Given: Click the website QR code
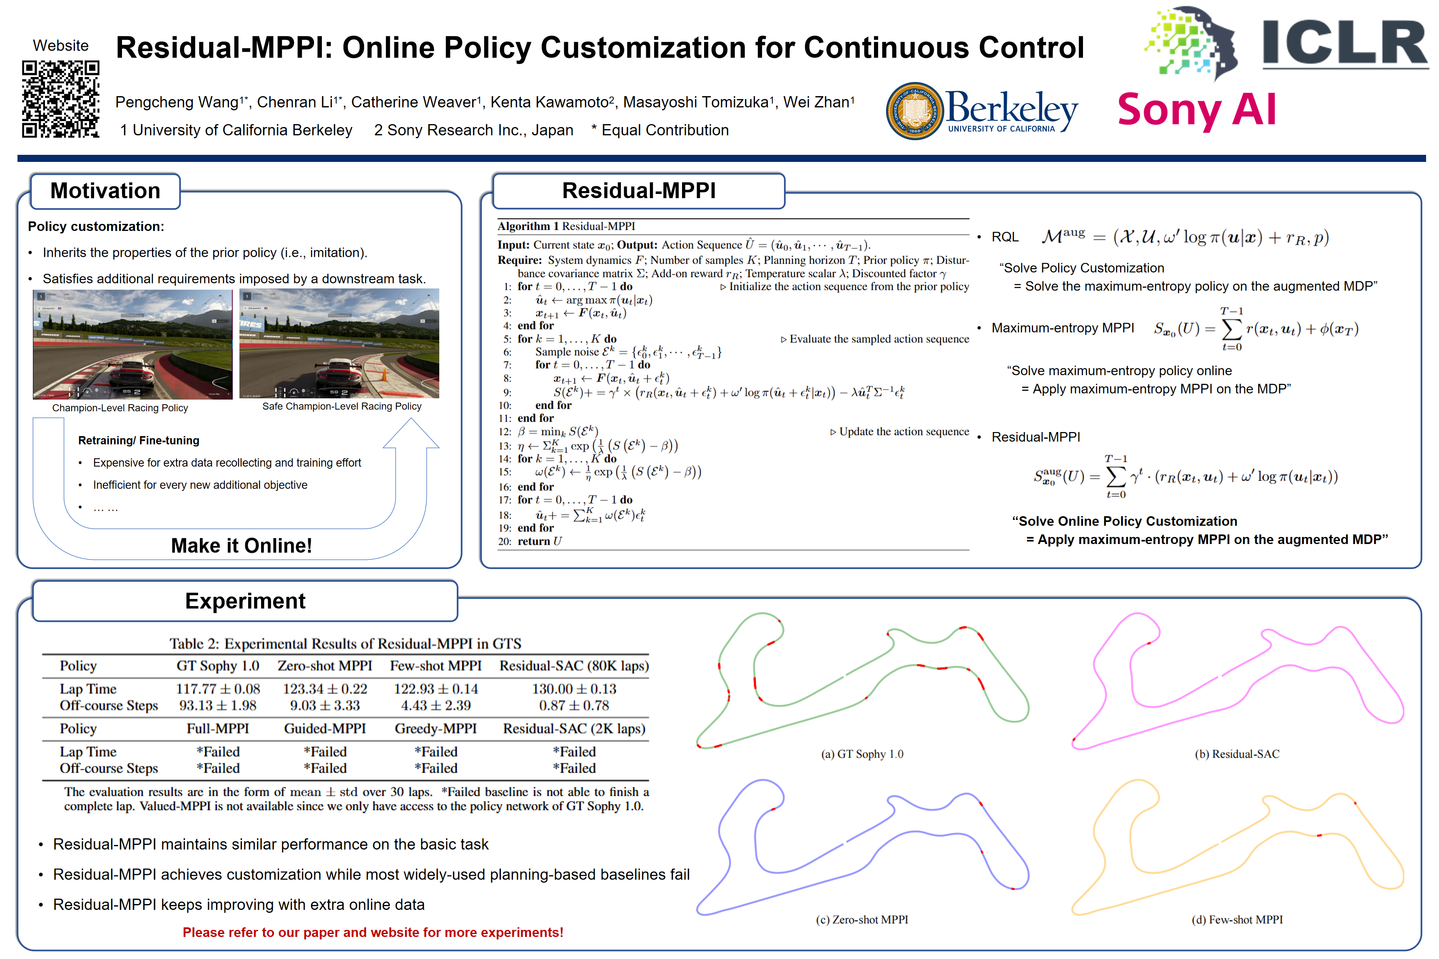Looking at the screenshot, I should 60,99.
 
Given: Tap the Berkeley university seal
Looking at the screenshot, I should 914,111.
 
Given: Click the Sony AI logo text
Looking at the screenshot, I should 1196,110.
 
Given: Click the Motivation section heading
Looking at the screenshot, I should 105,191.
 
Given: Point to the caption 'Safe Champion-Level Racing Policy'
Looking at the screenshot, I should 341,406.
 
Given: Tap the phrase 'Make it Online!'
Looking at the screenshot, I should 241,545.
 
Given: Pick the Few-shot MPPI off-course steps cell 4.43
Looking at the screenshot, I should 436,706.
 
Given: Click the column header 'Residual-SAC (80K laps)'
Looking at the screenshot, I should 574,666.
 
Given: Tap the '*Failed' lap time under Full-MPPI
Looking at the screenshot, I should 218,752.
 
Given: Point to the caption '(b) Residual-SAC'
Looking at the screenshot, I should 1237,754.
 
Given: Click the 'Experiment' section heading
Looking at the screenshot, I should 245,601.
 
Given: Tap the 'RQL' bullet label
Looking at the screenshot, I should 1005,237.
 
